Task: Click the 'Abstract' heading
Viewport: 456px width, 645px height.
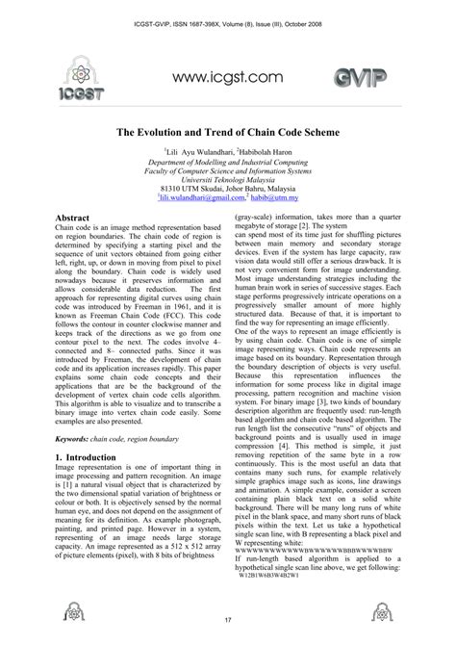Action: [x=73, y=219]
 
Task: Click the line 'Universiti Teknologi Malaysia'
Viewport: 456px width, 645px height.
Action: [x=228, y=178]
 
